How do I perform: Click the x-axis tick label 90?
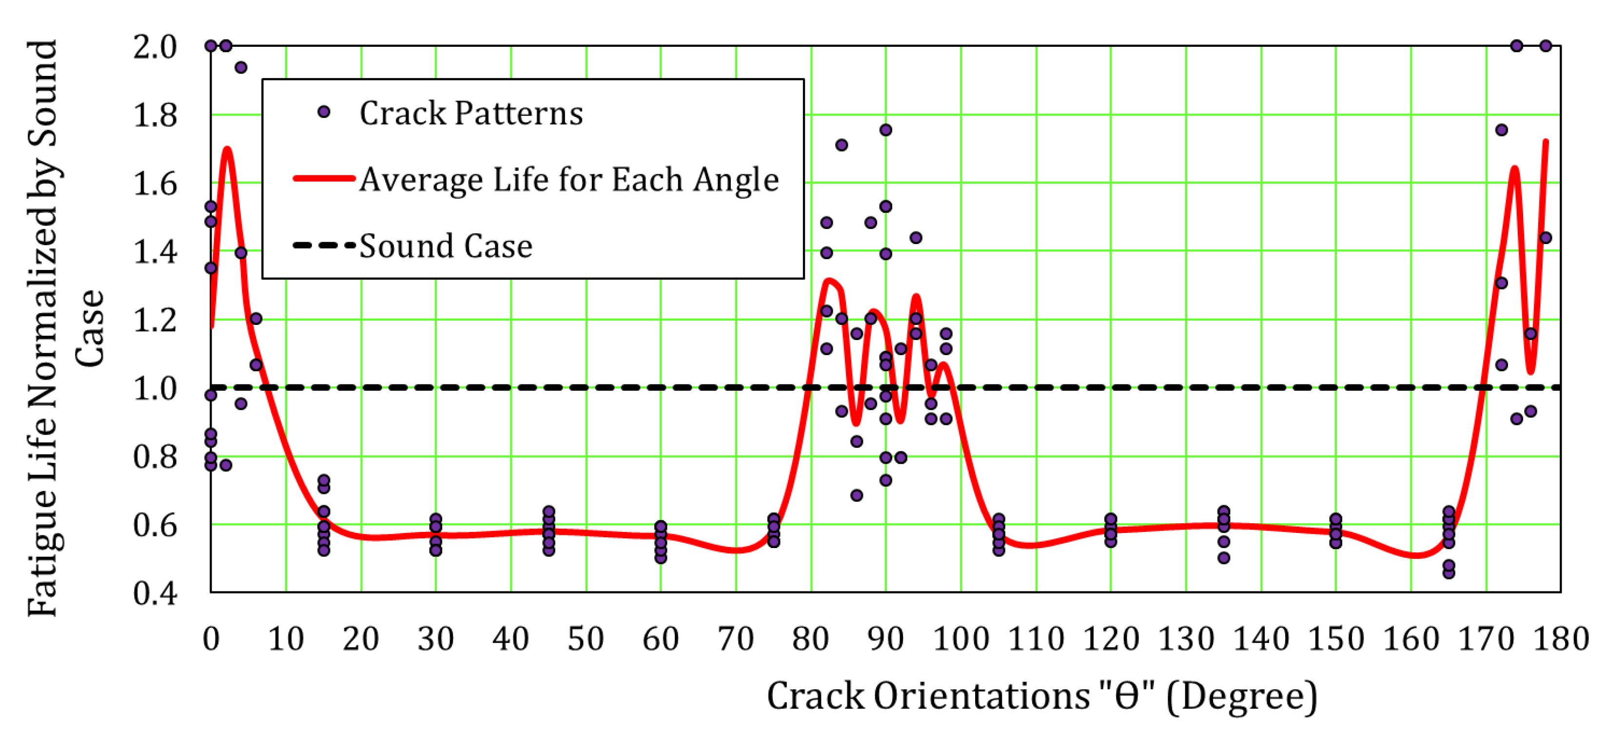tap(885, 639)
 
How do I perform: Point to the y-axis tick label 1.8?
tap(155, 115)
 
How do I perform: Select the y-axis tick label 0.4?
tap(155, 593)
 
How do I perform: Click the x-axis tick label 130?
tap(1186, 639)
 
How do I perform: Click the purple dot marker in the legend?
tap(324, 112)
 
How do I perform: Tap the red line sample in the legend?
tap(324, 179)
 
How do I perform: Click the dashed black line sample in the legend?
tap(324, 246)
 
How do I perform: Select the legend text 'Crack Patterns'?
tap(471, 114)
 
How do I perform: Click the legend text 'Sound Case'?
tap(446, 246)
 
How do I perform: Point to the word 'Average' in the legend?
tap(421, 180)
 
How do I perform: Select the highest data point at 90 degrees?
tap(885, 130)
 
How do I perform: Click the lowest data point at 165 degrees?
tap(1449, 573)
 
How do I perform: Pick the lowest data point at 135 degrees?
tap(1223, 558)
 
